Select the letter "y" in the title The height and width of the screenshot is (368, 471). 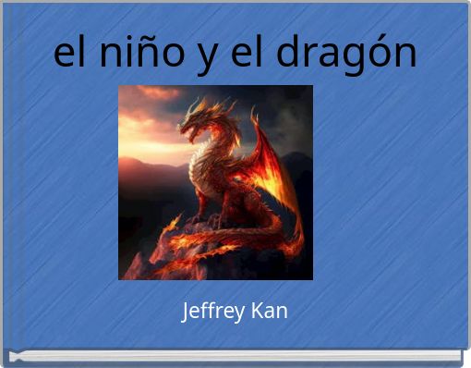pyautogui.click(x=206, y=57)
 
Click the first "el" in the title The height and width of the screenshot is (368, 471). pyautogui.click(x=70, y=53)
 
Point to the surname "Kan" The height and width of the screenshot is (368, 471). pyautogui.click(x=268, y=311)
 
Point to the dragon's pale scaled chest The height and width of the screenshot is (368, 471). pyautogui.click(x=204, y=166)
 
